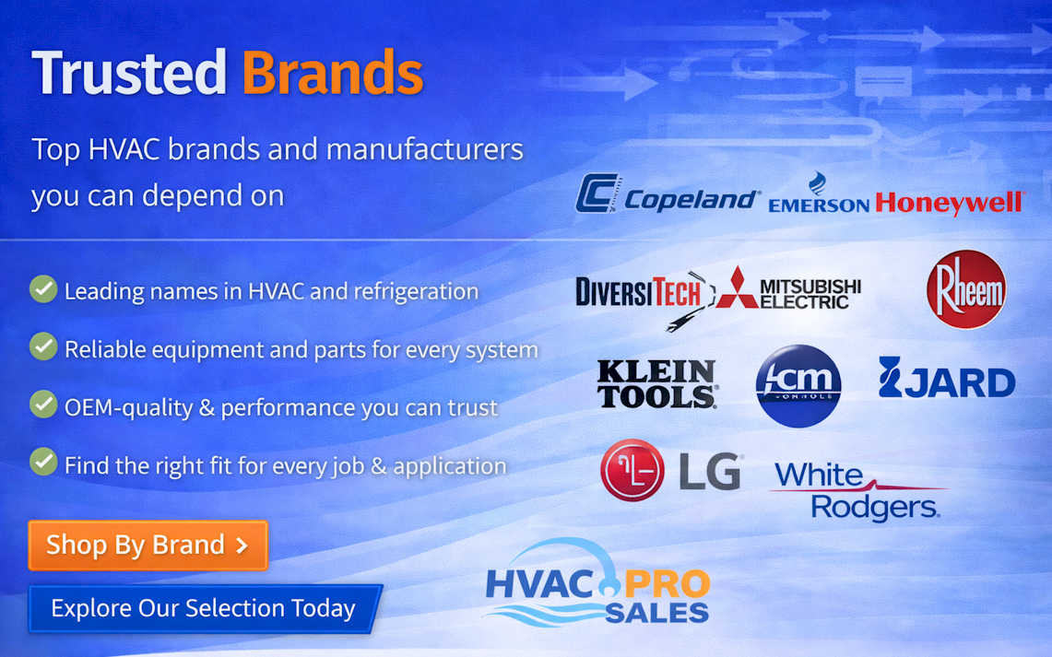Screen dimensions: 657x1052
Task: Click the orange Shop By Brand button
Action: (x=148, y=546)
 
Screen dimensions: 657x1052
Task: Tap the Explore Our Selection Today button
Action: (x=204, y=609)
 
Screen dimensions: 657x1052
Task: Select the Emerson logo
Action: (x=818, y=196)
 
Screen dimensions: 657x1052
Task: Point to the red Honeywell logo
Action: (x=950, y=202)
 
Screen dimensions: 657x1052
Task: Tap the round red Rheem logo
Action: (x=965, y=289)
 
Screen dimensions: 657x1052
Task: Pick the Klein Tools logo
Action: (x=656, y=383)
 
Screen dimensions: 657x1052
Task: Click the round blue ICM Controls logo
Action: (x=798, y=385)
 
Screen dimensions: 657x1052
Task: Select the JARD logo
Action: (x=946, y=381)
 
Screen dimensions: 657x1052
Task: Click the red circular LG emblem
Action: (x=632, y=471)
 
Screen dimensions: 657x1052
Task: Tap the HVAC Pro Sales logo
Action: (x=597, y=584)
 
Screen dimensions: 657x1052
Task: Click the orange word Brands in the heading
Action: (x=333, y=73)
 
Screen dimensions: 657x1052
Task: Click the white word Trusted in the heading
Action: (x=129, y=73)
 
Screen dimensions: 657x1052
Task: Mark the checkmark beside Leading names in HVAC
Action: (x=43, y=289)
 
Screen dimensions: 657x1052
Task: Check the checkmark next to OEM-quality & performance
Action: (x=43, y=405)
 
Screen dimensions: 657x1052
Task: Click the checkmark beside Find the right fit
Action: (x=43, y=462)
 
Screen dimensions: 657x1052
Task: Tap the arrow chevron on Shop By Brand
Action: (x=242, y=546)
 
